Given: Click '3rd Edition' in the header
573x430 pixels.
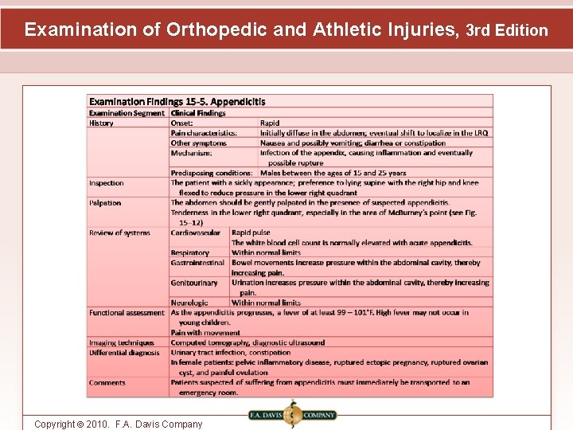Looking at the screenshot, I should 506,31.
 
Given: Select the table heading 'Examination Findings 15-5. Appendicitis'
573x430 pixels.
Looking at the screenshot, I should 177,102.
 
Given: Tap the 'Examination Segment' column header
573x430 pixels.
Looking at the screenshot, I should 127,113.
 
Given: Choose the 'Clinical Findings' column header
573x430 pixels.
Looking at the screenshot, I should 198,113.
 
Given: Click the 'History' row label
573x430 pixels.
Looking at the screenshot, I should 101,123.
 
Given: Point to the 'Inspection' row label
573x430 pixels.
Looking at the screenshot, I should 107,183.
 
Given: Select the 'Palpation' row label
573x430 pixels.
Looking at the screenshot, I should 105,203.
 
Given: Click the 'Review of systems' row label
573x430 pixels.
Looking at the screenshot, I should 119,233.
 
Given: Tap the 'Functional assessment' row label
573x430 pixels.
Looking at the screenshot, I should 127,313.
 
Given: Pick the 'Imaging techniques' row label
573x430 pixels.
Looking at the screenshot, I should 122,342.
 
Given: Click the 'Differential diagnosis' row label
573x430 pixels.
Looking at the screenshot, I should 124,353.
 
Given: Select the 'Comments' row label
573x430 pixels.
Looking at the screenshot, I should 107,383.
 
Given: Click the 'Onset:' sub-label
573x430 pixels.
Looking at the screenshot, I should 182,123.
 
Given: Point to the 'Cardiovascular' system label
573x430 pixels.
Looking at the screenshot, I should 196,233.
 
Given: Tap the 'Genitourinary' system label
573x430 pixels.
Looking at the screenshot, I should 194,283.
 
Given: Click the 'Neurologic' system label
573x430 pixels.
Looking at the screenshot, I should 189,303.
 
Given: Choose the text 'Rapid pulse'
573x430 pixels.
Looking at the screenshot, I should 251,233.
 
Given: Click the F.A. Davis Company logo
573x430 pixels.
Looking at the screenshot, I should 293,415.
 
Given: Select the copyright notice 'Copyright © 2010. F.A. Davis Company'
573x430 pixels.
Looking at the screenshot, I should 119,424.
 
